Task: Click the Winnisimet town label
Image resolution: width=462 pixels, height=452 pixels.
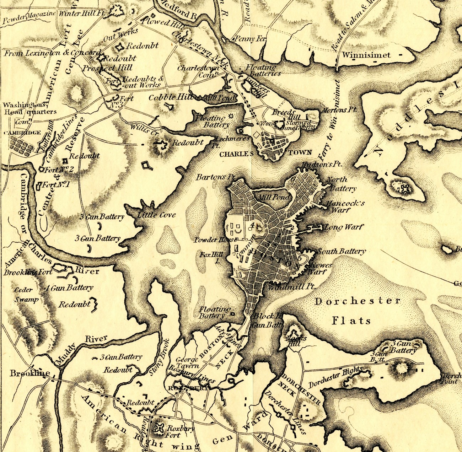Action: tap(366, 55)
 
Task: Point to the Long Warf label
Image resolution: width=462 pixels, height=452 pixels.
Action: tap(344, 227)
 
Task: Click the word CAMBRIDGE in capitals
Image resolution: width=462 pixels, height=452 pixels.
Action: tap(22, 133)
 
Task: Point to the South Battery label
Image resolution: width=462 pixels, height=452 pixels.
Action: tap(342, 252)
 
